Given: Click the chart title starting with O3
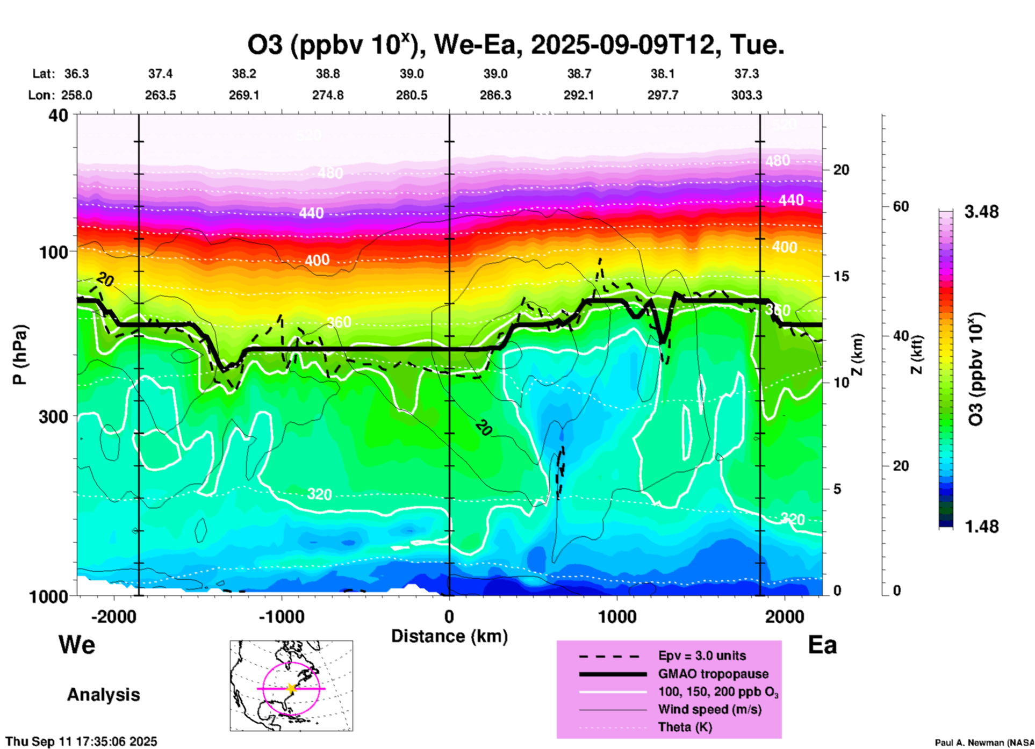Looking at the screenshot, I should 515,45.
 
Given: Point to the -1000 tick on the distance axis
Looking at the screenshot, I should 281,616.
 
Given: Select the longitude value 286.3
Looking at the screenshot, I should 495,96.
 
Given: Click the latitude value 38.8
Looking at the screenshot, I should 328,74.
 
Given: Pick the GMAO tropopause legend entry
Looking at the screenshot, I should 713,674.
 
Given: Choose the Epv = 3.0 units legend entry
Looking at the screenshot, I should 702,656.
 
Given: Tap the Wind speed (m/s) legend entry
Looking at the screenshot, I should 709,710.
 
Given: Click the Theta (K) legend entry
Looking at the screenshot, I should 685,728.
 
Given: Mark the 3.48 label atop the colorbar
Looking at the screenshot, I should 981,212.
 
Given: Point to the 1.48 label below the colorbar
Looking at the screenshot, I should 981,527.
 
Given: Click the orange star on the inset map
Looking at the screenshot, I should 291,688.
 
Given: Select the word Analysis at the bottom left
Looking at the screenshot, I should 103,695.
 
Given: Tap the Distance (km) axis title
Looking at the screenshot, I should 449,636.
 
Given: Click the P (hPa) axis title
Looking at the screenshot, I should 20,355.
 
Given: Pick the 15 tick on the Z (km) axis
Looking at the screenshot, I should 841,276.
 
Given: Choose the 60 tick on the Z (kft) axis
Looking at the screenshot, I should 901,206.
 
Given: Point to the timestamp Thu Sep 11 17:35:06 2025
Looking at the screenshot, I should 82,742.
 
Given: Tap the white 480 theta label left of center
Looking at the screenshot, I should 330,173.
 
